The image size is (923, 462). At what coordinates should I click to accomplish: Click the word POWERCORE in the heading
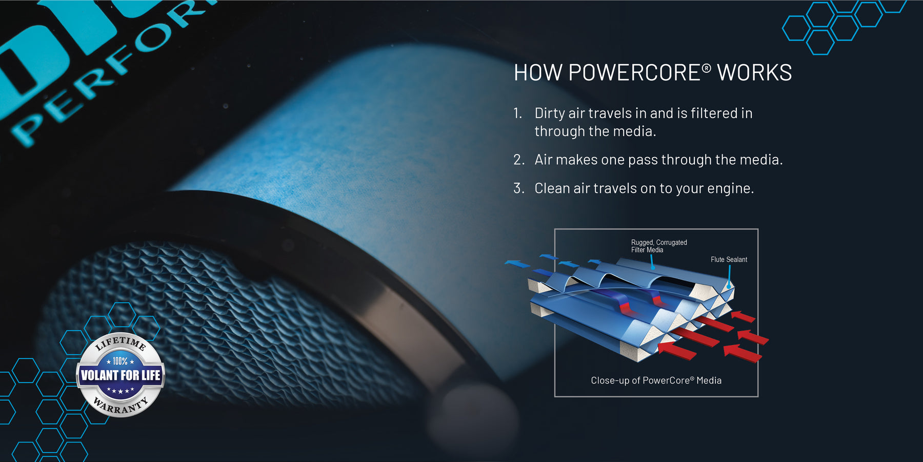pos(634,73)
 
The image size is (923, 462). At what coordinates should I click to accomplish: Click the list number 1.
pos(517,113)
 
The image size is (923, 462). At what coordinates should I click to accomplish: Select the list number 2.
pos(518,160)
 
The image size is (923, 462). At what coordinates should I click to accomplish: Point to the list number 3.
pos(518,188)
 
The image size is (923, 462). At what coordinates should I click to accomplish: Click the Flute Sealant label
pos(729,260)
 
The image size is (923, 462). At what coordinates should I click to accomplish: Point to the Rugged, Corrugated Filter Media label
pos(658,246)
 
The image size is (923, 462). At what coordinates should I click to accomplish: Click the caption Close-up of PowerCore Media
pos(656,380)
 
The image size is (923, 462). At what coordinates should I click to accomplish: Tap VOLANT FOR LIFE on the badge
pos(121,375)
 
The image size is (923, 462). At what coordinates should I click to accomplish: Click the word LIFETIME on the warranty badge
pos(121,342)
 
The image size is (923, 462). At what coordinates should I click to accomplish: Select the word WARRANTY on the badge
pos(121,407)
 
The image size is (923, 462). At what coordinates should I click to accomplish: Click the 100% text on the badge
pos(120,361)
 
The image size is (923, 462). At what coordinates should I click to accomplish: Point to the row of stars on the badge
pos(121,391)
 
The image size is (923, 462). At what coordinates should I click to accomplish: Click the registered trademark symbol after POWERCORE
pos(707,68)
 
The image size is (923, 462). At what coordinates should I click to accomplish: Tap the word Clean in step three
pos(552,188)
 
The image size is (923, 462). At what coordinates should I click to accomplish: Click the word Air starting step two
pos(544,160)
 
